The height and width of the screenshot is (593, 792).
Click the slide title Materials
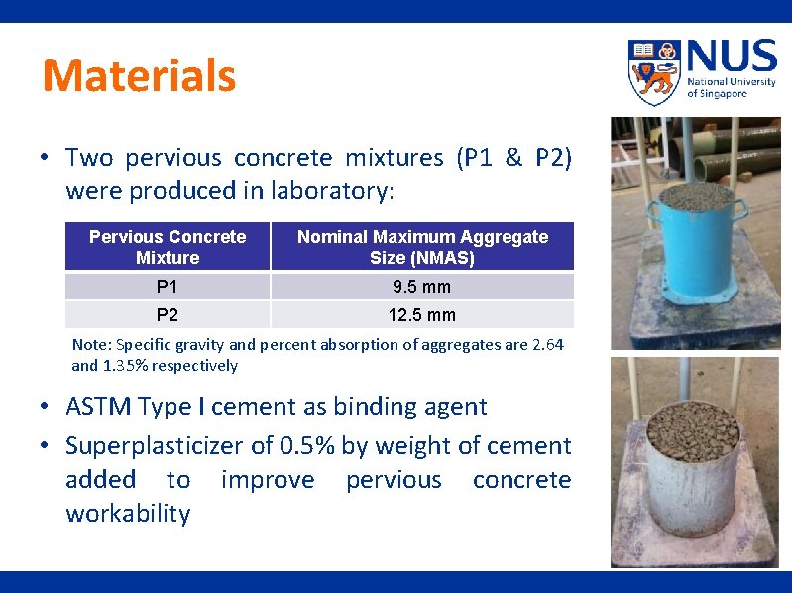139,76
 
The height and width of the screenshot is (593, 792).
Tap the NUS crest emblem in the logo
654,71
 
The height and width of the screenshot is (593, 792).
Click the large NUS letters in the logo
731,58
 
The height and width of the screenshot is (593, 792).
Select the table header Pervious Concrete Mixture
168,247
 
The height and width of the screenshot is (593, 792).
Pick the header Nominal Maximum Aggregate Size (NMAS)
422,247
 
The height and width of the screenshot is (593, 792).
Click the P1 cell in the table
168,287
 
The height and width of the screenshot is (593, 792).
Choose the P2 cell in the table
168,315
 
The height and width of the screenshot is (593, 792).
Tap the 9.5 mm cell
422,287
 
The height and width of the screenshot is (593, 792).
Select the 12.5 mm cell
422,315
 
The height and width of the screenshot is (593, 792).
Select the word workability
128,514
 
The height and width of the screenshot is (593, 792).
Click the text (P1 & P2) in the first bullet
513,158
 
